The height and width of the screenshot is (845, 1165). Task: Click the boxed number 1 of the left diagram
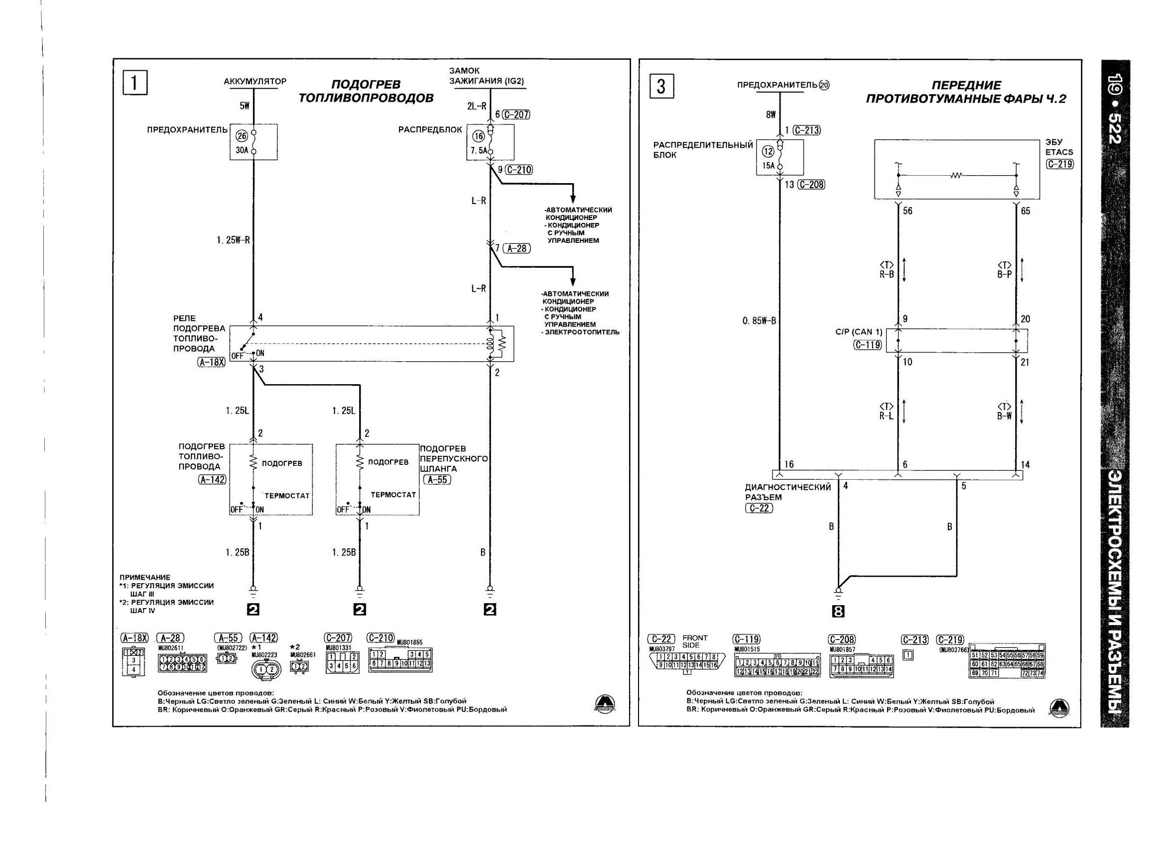(x=135, y=83)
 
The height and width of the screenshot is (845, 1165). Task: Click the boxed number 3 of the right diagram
(x=661, y=86)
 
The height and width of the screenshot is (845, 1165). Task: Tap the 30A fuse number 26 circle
(x=242, y=135)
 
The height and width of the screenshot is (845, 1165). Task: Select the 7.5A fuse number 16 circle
(x=478, y=136)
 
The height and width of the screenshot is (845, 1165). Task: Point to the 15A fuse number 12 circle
(x=768, y=151)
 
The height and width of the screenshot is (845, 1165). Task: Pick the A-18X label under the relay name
(x=212, y=362)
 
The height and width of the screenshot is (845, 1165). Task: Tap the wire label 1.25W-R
(x=233, y=240)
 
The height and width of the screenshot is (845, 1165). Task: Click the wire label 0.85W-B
(x=759, y=321)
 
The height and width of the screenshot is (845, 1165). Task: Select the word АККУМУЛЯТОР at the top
(x=255, y=81)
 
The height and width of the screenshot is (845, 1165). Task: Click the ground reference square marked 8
(x=838, y=611)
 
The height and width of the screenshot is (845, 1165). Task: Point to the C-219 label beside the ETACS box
(x=1060, y=164)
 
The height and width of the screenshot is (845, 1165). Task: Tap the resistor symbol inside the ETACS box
(x=956, y=176)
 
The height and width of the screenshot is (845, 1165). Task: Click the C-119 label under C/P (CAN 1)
(x=867, y=345)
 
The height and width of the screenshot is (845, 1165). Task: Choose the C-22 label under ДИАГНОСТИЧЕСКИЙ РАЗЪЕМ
(x=759, y=508)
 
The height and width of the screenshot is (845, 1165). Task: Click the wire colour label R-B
(x=887, y=274)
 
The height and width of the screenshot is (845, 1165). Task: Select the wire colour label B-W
(x=1004, y=416)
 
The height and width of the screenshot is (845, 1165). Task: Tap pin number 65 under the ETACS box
(x=1025, y=211)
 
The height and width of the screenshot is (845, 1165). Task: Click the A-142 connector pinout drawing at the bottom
(x=266, y=669)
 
